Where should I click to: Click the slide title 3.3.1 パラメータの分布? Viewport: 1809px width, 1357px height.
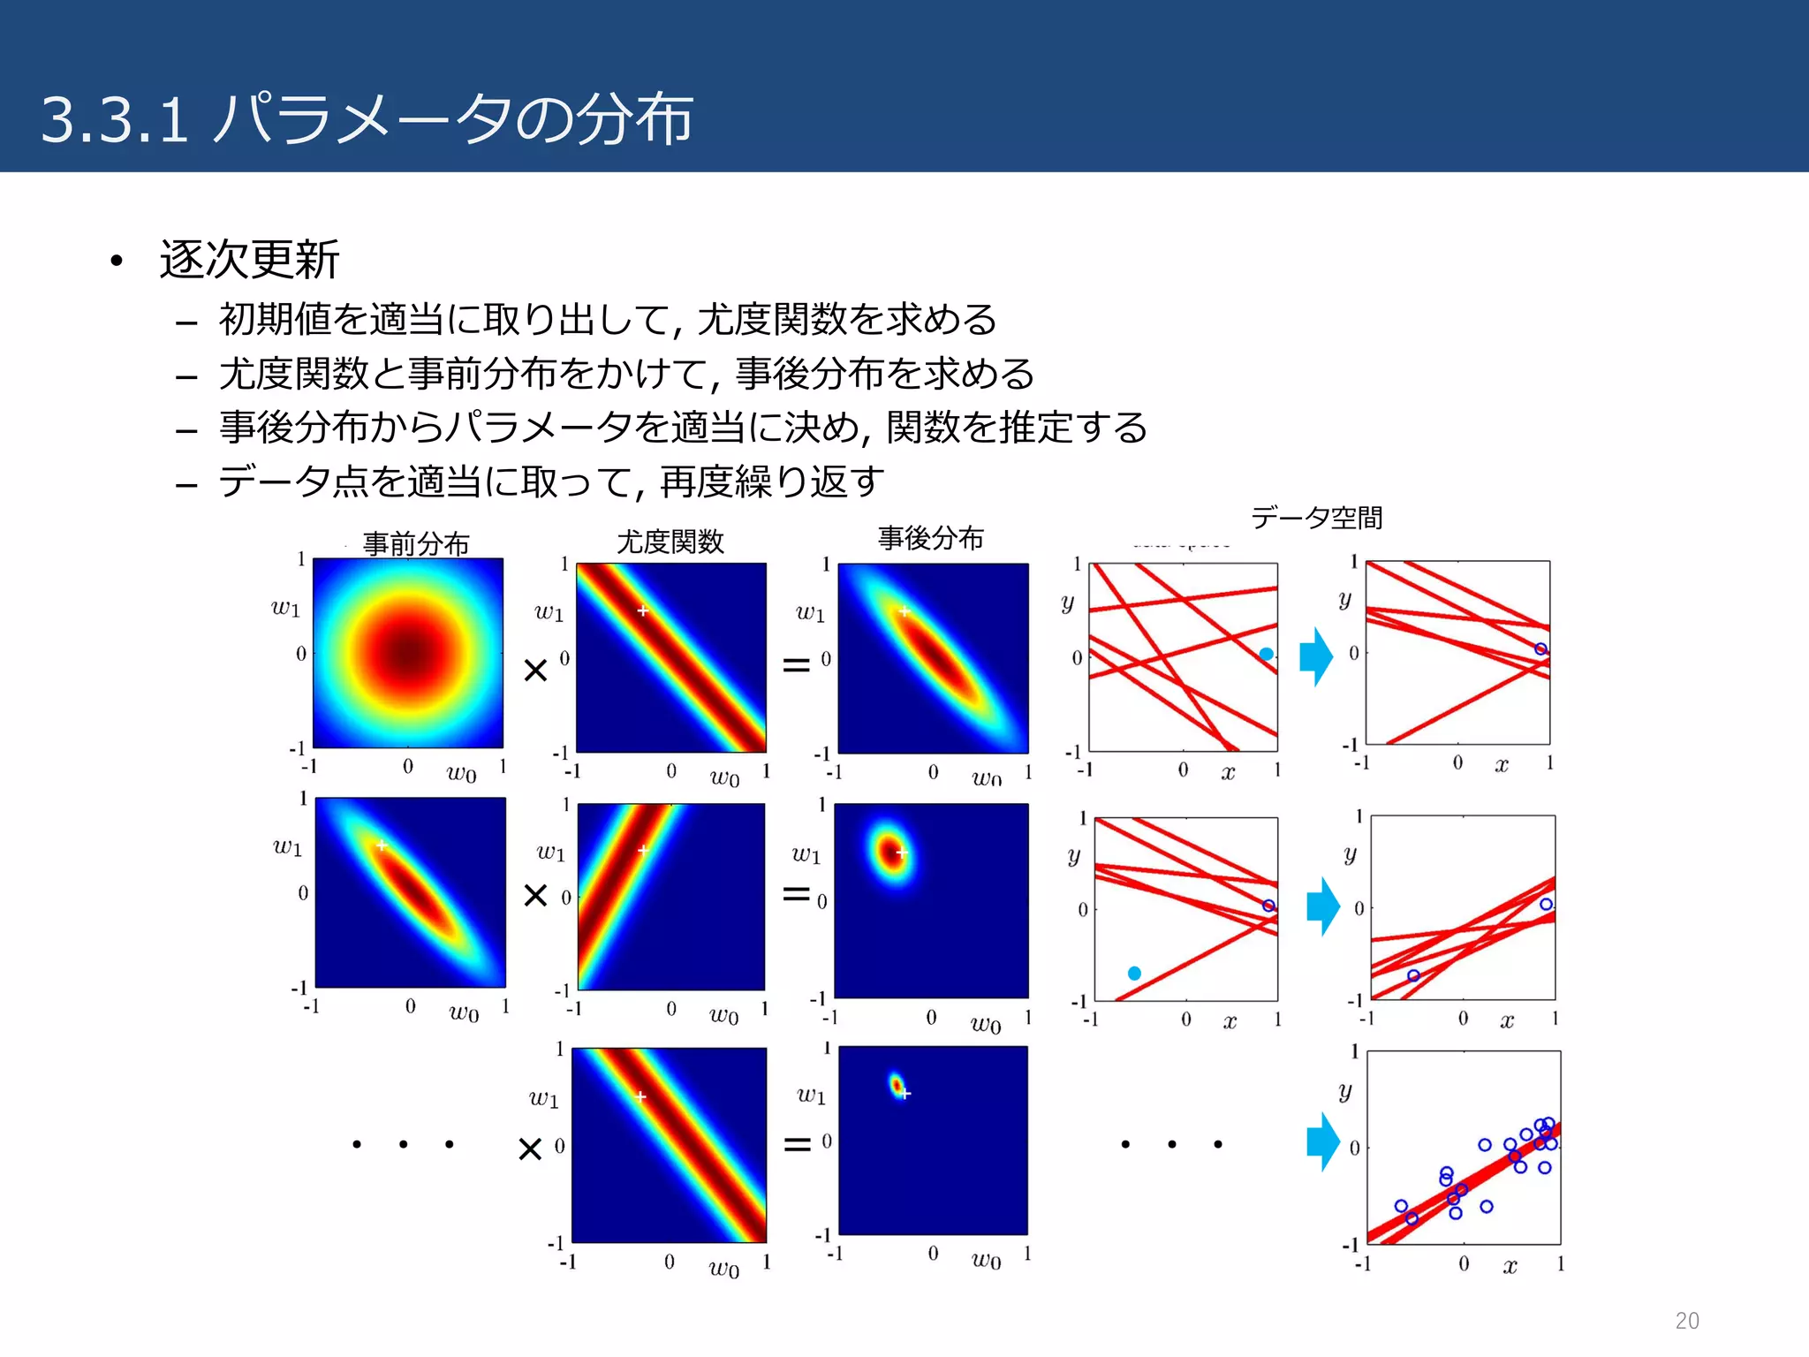click(x=367, y=118)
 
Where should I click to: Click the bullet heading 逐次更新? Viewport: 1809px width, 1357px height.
click(x=249, y=260)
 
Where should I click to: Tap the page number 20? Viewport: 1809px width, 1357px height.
click(x=1686, y=1321)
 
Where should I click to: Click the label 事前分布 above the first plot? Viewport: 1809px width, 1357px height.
click(x=415, y=543)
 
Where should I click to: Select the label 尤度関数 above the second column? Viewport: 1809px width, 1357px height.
click(x=670, y=541)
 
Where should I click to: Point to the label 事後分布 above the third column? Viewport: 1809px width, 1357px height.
click(x=930, y=537)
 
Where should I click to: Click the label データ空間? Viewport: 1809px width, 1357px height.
click(x=1316, y=518)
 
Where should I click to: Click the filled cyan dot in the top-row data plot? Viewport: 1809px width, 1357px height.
click(x=1266, y=654)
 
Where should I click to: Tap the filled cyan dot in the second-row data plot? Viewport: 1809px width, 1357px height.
click(x=1134, y=973)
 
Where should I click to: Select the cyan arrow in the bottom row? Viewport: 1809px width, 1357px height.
click(x=1323, y=1141)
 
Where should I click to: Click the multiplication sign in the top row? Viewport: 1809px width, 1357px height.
click(x=535, y=670)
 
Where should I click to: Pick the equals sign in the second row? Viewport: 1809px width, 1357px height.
click(x=796, y=894)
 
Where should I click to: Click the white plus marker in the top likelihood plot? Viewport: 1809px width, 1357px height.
click(x=643, y=610)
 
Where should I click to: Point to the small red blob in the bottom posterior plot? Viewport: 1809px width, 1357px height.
click(x=896, y=1083)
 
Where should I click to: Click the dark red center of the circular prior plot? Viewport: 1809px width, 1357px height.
click(x=408, y=654)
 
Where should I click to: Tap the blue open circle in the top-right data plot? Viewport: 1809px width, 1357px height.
click(x=1540, y=648)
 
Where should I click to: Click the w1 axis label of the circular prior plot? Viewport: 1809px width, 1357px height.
click(x=285, y=608)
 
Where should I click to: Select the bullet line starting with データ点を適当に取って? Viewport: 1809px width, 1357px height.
click(x=551, y=481)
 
